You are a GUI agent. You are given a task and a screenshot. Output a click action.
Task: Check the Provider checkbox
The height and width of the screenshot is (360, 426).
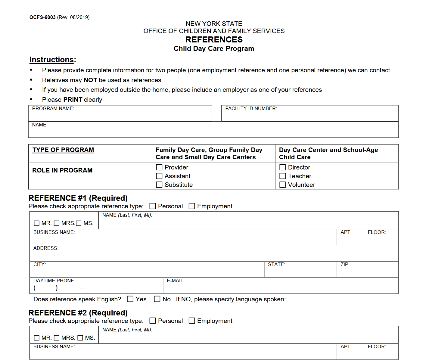click(159, 167)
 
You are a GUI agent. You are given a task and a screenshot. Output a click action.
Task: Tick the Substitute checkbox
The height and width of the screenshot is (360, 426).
click(159, 185)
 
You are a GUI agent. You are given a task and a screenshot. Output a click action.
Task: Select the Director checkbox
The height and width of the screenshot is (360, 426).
click(283, 167)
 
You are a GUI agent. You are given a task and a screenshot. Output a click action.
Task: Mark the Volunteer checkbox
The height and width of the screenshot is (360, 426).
click(283, 185)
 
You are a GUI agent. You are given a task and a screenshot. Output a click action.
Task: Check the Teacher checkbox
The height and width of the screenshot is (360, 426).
click(283, 176)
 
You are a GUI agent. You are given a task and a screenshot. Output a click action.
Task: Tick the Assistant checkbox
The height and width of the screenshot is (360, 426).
click(159, 176)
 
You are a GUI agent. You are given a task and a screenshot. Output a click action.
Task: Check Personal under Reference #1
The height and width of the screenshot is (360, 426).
click(153, 206)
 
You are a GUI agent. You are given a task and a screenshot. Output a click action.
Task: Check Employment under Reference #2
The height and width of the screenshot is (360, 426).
click(192, 321)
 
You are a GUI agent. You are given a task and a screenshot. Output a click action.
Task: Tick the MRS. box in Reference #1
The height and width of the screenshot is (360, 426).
click(57, 223)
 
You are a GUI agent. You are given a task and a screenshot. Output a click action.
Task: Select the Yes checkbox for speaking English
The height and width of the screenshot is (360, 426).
click(130, 299)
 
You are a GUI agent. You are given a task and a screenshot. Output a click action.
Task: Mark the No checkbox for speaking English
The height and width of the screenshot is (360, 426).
click(157, 299)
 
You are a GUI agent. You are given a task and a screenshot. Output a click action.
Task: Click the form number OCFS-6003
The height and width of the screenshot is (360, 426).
click(42, 17)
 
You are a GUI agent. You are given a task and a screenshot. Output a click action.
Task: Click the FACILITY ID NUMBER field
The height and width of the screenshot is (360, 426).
click(310, 115)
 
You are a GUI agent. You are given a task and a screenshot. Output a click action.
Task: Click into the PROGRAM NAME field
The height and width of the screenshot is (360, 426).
click(120, 115)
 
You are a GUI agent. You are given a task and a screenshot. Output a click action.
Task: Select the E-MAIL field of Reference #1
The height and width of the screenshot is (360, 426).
click(281, 287)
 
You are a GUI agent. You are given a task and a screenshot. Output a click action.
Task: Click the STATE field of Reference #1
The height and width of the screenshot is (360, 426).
click(300, 271)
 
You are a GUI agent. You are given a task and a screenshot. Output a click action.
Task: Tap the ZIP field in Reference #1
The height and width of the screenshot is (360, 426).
click(367, 271)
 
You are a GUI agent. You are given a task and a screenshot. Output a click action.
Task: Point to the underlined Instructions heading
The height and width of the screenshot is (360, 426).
click(51, 60)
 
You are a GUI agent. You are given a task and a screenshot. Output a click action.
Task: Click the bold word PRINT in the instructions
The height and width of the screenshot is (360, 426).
click(73, 100)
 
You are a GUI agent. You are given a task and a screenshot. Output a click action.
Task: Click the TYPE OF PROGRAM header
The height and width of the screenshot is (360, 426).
click(63, 150)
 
